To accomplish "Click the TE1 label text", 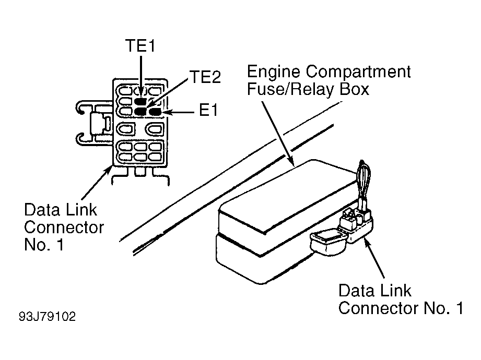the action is [140, 45].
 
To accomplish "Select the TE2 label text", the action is [205, 77].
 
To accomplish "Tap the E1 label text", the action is [208, 110].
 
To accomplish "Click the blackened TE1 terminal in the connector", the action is [140, 101].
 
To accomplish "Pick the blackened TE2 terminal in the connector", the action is [140, 112].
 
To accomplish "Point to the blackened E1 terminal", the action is [155, 112].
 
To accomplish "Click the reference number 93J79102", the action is [47, 317].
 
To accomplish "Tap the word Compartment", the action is [358, 72].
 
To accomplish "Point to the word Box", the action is [354, 89].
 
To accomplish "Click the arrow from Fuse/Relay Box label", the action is [278, 134].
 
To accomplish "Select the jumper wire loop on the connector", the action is [364, 183].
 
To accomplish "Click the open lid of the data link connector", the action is [328, 242].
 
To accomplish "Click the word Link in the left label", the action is [81, 210].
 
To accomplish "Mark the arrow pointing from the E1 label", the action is [179, 113].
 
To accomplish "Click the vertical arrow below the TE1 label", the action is [141, 77].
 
